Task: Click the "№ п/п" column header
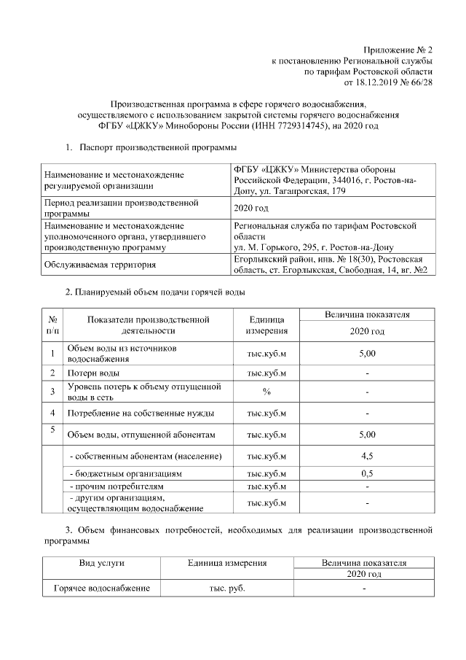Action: click(x=52, y=325)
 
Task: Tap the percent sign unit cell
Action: click(x=266, y=392)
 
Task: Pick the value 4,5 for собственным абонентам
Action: click(x=367, y=457)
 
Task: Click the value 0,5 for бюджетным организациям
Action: click(x=367, y=474)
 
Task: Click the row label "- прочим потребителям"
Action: click(x=116, y=486)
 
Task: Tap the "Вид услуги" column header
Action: click(x=101, y=563)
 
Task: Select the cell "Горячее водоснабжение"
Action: click(x=101, y=588)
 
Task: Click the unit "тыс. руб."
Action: click(x=227, y=588)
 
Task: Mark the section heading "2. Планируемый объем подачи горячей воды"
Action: click(x=155, y=292)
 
